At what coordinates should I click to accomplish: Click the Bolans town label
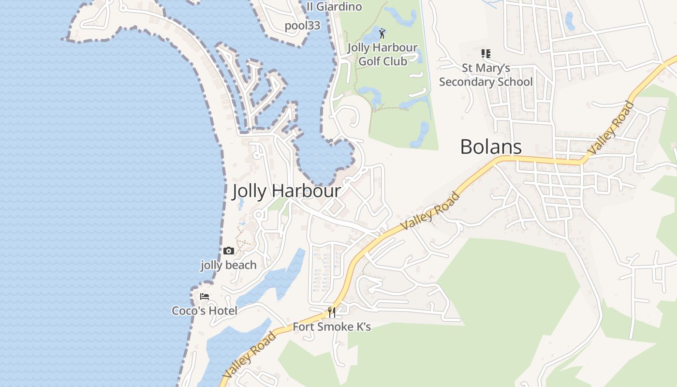click(491, 147)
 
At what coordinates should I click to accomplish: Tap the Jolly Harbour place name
click(286, 191)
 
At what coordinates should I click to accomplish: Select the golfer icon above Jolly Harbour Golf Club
click(382, 33)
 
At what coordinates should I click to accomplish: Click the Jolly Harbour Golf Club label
click(382, 54)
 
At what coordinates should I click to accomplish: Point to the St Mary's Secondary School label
click(486, 75)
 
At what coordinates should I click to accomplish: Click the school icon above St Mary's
click(486, 54)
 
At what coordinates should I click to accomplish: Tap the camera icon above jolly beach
click(229, 251)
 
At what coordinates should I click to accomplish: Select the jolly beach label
click(229, 265)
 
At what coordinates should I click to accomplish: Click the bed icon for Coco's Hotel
click(205, 296)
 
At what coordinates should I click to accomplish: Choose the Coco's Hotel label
click(205, 311)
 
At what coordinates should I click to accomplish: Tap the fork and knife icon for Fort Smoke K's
click(332, 312)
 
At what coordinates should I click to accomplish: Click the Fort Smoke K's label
click(332, 327)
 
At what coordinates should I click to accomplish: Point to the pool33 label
click(302, 26)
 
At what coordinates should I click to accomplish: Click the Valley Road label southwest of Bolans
click(430, 211)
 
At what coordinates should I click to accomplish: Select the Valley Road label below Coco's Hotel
click(250, 354)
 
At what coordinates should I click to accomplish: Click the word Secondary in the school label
click(486, 82)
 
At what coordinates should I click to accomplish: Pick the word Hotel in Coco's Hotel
click(223, 311)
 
